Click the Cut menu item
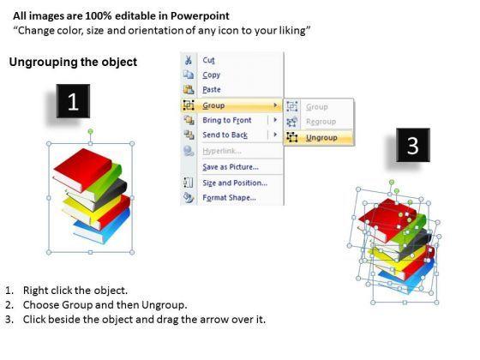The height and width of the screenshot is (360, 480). [208, 60]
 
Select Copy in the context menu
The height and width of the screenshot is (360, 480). [211, 75]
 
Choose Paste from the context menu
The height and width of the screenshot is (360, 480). [212, 90]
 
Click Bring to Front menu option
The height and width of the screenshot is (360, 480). [227, 120]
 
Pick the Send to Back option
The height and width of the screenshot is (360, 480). [225, 135]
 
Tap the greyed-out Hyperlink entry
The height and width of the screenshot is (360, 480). [222, 151]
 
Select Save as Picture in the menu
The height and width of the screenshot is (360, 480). [231, 167]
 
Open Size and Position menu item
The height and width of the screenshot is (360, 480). [235, 183]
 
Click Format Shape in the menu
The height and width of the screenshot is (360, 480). [230, 197]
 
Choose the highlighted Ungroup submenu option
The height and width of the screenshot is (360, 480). [321, 138]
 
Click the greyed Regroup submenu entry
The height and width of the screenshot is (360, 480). [321, 122]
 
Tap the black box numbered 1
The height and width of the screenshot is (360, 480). [73, 101]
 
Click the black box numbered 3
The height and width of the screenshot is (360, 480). [413, 145]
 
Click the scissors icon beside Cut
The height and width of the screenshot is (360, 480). [189, 60]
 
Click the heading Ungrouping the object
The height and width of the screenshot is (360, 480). [73, 62]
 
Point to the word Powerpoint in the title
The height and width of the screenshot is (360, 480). [200, 16]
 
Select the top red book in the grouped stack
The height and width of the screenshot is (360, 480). [82, 170]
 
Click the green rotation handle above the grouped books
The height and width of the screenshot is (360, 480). [90, 131]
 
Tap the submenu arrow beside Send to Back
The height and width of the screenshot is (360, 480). [275, 135]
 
